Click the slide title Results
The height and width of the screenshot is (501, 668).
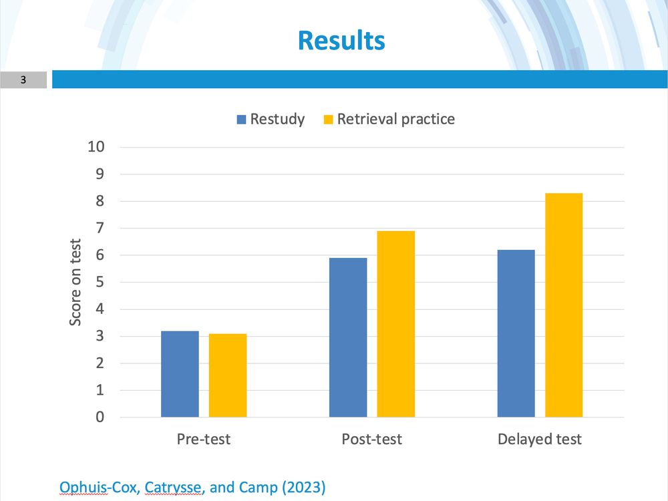(341, 40)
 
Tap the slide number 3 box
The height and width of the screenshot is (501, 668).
(23, 80)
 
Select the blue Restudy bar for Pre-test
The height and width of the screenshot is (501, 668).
(180, 374)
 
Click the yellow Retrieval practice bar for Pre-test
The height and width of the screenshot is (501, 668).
(228, 375)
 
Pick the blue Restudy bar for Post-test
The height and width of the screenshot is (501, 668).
(348, 337)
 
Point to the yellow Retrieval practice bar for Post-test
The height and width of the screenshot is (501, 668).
(396, 324)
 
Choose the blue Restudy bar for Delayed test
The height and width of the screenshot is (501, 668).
(516, 333)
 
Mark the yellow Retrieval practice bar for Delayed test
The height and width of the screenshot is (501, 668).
(564, 305)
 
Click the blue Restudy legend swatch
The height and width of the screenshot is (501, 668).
(241, 120)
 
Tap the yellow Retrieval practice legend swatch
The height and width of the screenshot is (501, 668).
(328, 120)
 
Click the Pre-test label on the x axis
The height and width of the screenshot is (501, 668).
(204, 439)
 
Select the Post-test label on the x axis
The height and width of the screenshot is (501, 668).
(372, 439)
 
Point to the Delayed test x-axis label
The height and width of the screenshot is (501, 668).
(540, 439)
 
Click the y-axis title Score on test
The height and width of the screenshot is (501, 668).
(76, 282)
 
